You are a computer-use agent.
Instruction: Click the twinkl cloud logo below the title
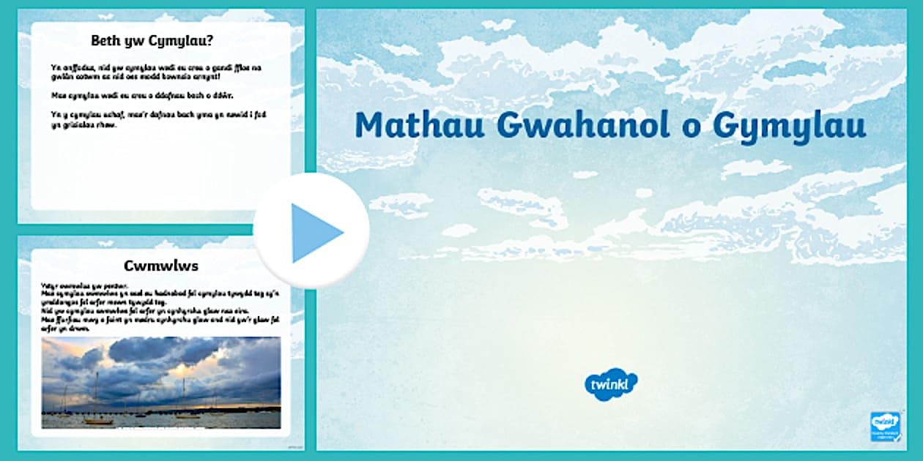coord(610,384)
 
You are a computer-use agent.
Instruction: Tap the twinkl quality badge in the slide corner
coord(886,427)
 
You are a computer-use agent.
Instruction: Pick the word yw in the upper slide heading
coord(135,42)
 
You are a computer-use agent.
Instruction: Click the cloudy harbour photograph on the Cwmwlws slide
coord(161,382)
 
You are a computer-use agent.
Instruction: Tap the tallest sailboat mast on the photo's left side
coord(94,395)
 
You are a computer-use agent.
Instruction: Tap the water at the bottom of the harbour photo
coord(161,421)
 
